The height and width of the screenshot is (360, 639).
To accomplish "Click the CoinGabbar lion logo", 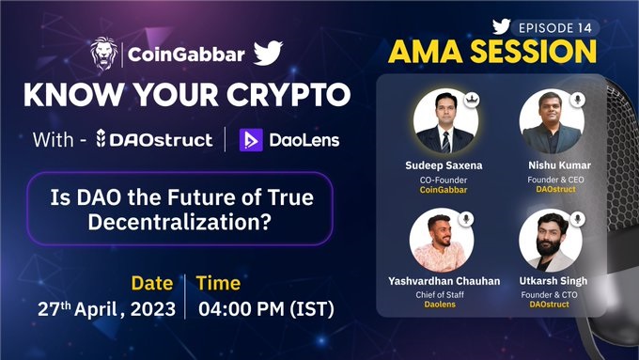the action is (x=103, y=54).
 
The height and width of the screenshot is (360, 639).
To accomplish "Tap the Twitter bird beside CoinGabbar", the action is (x=268, y=53).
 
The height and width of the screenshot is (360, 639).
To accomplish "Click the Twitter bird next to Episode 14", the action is (x=501, y=27).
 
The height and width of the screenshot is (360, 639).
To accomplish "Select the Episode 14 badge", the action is (x=555, y=27).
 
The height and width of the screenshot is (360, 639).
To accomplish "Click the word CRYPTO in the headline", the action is (x=288, y=95).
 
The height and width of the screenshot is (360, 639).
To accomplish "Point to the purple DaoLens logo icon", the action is (x=251, y=140).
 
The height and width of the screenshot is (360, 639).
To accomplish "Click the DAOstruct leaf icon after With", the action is (x=101, y=138).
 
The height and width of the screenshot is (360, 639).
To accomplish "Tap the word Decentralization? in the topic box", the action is (x=179, y=222).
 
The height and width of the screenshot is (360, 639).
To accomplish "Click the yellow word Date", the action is (x=152, y=283).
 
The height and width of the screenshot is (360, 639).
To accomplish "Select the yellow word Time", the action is (x=218, y=283).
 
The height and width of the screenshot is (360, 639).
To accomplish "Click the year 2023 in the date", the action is (x=153, y=309).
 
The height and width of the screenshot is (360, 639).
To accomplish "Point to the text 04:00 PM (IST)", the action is (x=266, y=309).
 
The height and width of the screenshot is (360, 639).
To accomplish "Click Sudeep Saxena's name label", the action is (x=444, y=165).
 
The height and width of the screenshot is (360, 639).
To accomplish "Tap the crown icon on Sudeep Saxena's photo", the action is (x=472, y=100).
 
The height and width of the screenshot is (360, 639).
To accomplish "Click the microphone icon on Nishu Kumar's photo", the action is (x=578, y=100).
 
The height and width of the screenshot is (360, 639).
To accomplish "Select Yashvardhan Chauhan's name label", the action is (x=444, y=281).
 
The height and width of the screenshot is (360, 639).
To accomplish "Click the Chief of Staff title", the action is (x=440, y=294).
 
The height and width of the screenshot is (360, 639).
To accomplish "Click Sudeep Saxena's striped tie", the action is (x=445, y=142).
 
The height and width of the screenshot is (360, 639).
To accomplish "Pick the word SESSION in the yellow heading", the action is (x=534, y=52).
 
